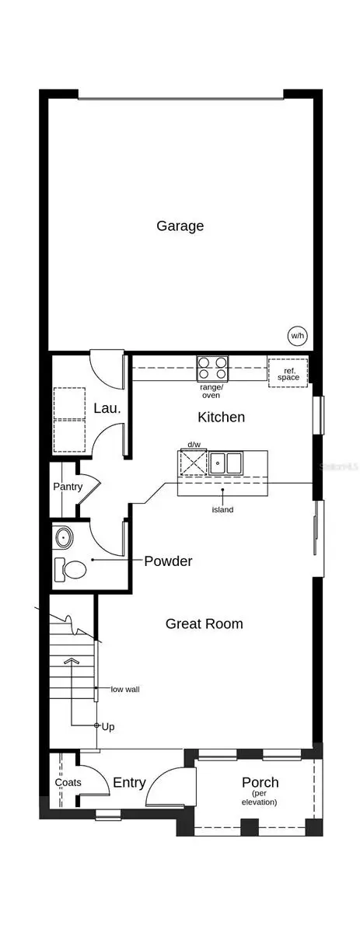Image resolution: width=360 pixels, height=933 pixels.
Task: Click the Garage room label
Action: point(180,226)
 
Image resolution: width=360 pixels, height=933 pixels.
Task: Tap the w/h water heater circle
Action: point(297,336)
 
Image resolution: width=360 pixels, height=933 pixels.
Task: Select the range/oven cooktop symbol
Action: point(212,366)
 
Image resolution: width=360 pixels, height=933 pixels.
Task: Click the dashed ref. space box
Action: point(289,372)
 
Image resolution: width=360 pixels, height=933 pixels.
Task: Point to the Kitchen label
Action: point(221,418)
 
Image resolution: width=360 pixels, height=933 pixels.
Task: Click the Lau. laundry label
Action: point(106,408)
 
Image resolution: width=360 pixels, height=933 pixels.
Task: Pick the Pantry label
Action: point(68,487)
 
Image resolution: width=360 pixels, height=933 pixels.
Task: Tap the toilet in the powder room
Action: point(71,570)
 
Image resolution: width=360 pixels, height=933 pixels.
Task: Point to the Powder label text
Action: point(168,561)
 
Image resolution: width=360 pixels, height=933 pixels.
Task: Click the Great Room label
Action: point(204,624)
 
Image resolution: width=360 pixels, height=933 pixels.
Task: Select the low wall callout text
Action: point(125,689)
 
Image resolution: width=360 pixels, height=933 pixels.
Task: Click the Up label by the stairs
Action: point(108,726)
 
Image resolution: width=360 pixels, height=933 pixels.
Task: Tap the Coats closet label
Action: point(68,782)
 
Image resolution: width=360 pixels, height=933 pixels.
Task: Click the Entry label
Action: point(129,783)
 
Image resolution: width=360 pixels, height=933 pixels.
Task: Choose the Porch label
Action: point(260,783)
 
